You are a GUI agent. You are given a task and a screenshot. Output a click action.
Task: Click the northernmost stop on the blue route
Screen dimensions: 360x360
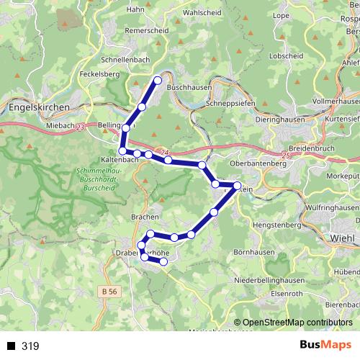158,80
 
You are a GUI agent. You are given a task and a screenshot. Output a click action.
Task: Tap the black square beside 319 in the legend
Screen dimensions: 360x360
11,346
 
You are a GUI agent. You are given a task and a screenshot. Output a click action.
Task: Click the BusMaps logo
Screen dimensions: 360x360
325,346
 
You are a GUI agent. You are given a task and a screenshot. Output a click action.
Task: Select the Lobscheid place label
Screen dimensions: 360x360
284,56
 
